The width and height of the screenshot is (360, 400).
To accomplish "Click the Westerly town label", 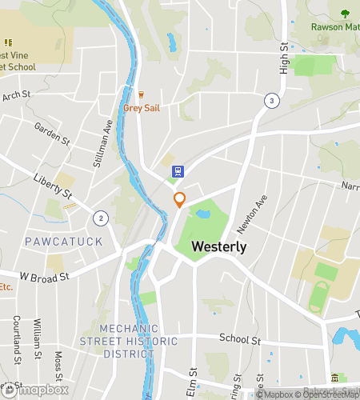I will pyautogui.click(x=218, y=248).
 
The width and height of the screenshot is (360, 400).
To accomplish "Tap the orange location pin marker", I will pyautogui.click(x=179, y=200).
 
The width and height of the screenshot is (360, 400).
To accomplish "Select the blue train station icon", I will pyautogui.click(x=177, y=170).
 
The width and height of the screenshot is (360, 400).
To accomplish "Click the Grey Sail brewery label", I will pyautogui.click(x=141, y=108).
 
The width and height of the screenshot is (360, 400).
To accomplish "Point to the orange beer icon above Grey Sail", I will pyautogui.click(x=141, y=94).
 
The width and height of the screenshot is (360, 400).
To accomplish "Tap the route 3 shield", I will pyautogui.click(x=272, y=101).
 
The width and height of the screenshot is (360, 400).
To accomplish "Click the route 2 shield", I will pyautogui.click(x=100, y=218).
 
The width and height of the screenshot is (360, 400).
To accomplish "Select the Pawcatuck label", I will pyautogui.click(x=53, y=241).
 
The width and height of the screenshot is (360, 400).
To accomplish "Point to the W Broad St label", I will pyautogui.click(x=45, y=275).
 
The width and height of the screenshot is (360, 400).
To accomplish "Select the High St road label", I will pyautogui.click(x=283, y=58).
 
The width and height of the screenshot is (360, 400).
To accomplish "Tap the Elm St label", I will pyautogui.click(x=193, y=381).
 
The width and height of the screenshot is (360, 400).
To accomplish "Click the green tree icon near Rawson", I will pyautogui.click(x=345, y=14).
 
